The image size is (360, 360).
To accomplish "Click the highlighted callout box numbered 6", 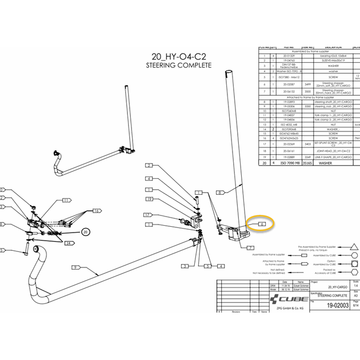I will pyautogui.click(x=261, y=224).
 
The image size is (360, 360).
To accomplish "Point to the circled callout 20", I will pyautogui.click(x=85, y=231).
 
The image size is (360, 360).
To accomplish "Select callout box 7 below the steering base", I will pyautogui.click(x=250, y=247).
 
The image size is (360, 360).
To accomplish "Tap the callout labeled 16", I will pyautogui.click(x=97, y=211).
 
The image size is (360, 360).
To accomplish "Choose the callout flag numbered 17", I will pyautogui.click(x=147, y=215).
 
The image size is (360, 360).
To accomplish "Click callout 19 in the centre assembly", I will pyautogui.click(x=149, y=199).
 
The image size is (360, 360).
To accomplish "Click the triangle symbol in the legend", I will pyautogui.click(x=356, y=245).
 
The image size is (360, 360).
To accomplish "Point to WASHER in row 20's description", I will pyautogui.click(x=331, y=162).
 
